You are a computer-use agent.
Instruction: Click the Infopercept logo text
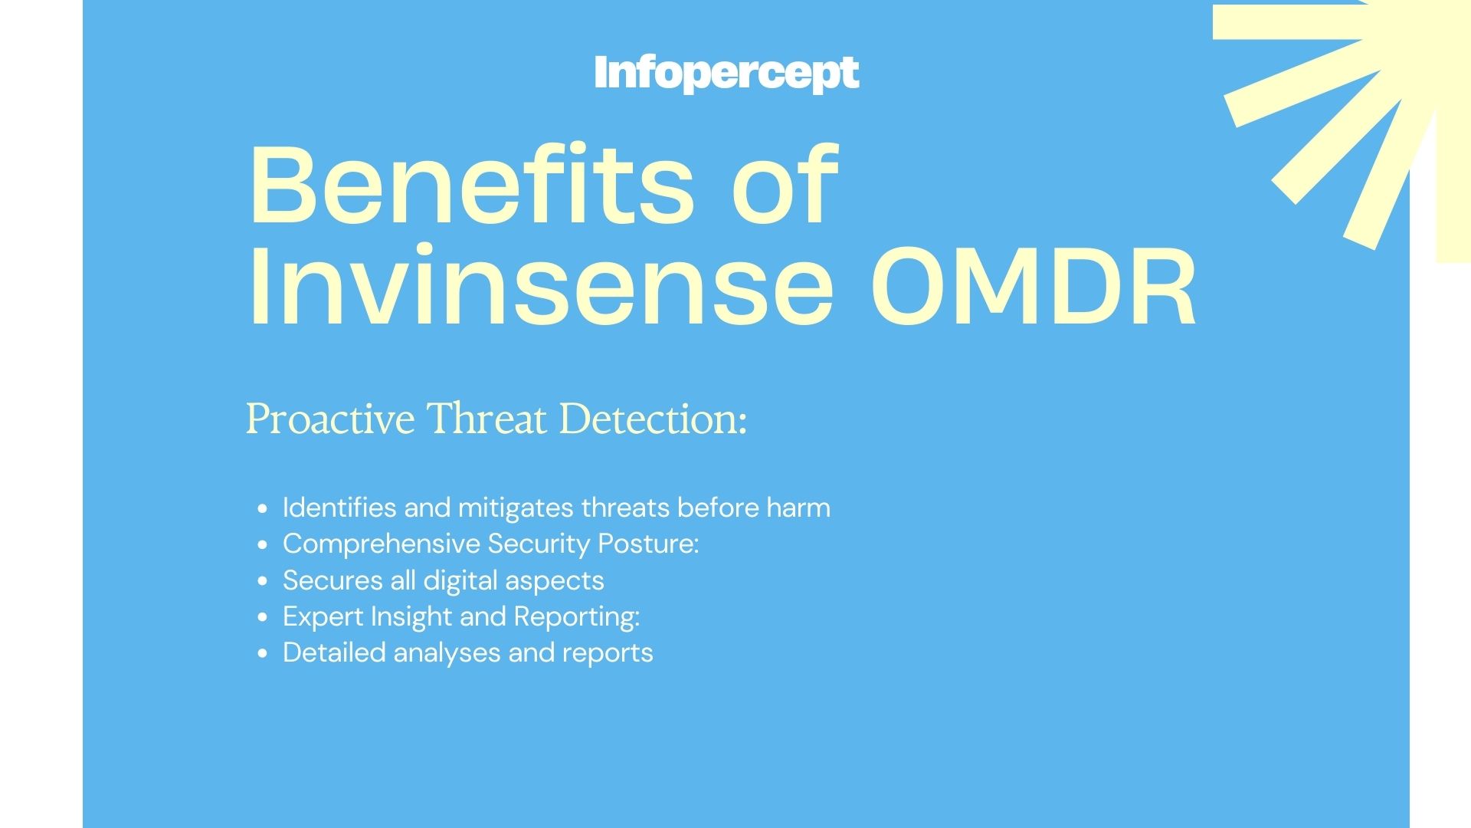(726, 73)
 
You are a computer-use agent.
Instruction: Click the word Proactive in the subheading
(330, 419)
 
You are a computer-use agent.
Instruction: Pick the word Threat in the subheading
(487, 419)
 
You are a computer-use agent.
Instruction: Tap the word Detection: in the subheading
(653, 419)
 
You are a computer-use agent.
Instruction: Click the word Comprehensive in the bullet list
(382, 544)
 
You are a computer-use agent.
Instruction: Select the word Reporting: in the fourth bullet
(577, 617)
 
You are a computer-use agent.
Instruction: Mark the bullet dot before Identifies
(264, 508)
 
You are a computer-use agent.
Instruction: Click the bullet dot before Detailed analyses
(264, 654)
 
